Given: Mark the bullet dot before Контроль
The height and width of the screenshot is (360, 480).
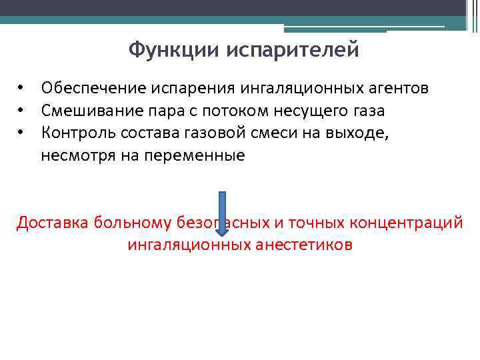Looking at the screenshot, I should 21,133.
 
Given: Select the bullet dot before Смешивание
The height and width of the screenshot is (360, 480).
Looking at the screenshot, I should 21,111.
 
